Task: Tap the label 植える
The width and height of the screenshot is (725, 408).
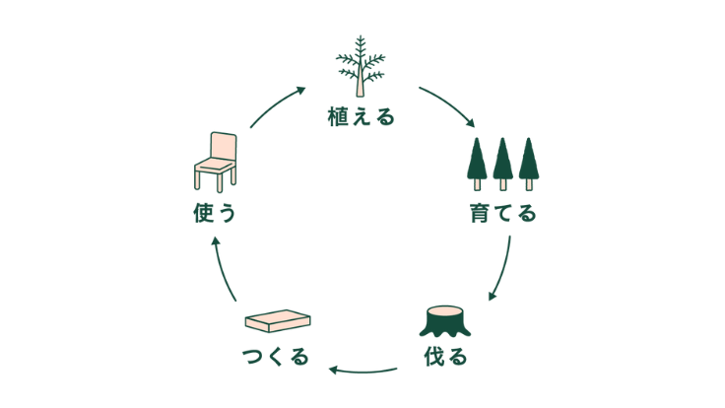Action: pyautogui.click(x=362, y=118)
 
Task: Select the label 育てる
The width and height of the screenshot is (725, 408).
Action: pyautogui.click(x=502, y=212)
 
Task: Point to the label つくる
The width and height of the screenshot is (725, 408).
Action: pyautogui.click(x=276, y=356)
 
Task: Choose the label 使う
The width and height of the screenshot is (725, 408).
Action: pyautogui.click(x=216, y=212)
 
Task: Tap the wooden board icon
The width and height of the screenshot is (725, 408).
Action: pyautogui.click(x=277, y=322)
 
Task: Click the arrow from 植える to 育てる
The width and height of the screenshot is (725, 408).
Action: pyautogui.click(x=447, y=106)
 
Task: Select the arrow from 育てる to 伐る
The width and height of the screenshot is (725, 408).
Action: pyautogui.click(x=501, y=267)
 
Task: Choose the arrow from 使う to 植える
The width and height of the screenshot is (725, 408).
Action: pyautogui.click(x=278, y=106)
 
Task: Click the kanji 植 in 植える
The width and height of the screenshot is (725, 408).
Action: pyautogui.click(x=338, y=118)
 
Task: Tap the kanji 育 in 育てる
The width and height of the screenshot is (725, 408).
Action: pyautogui.click(x=480, y=212)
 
